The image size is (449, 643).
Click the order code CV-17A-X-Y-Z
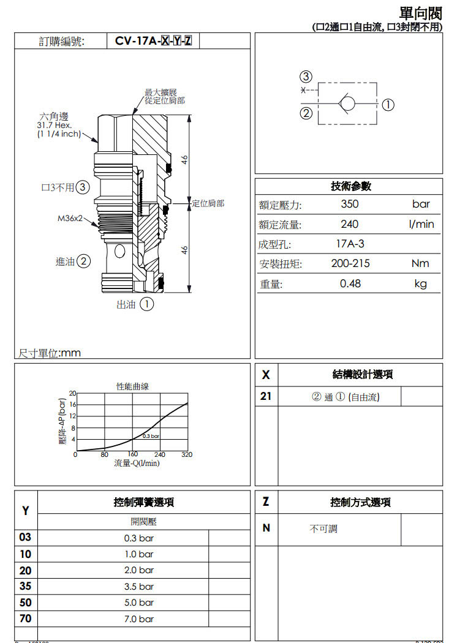(153, 42)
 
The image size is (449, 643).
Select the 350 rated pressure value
(350, 204)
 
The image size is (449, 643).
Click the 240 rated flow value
(350, 224)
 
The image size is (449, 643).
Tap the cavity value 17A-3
(350, 244)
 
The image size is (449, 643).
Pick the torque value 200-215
(350, 264)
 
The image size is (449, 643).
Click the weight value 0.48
(350, 284)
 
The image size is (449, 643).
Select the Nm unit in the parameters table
(420, 264)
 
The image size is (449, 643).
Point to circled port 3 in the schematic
(306, 77)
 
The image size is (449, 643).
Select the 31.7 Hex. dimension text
(55, 126)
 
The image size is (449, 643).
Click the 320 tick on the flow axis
(187, 455)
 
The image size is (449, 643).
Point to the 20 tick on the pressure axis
(72, 393)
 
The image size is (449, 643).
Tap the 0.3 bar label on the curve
(151, 435)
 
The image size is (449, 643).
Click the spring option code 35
(26, 586)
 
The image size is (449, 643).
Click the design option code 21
(265, 396)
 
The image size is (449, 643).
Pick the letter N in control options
(266, 528)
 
